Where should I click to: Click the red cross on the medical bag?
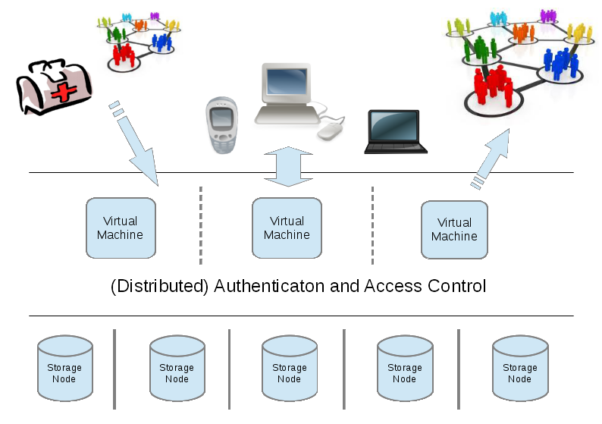tap(67, 93)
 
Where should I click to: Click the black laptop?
tap(395, 131)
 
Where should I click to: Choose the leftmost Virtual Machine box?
tap(121, 228)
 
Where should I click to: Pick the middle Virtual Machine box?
tap(287, 228)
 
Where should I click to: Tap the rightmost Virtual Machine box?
tap(454, 229)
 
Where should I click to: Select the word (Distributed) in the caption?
tap(160, 287)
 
